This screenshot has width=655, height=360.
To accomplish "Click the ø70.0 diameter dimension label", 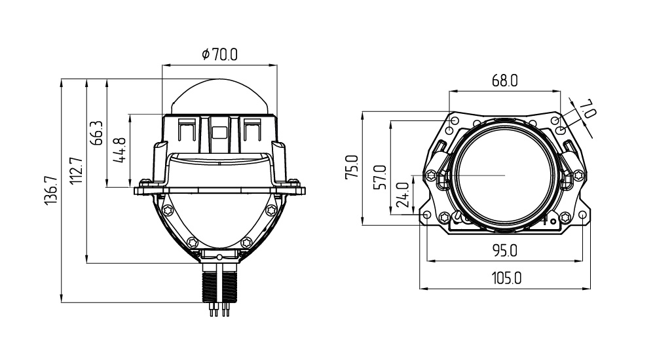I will tap(219, 55).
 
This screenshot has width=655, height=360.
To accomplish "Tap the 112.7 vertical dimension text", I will tap(77, 171).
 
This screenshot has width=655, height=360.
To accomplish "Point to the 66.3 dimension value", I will tap(98, 133).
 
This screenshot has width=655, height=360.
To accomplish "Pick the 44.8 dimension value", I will tap(121, 151).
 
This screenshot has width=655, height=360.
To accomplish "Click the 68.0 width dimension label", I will tap(504, 81).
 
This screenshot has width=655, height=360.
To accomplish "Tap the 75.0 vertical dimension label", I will tap(352, 168).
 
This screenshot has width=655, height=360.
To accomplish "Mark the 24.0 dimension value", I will tap(403, 194).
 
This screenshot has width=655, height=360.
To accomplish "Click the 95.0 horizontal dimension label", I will tap(504, 250).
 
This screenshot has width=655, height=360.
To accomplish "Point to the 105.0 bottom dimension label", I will tap(506, 278).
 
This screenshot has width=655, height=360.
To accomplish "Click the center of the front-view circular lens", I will tap(505, 175).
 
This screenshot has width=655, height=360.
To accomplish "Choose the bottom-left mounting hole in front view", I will tap(427, 215).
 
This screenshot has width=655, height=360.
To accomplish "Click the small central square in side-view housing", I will tap(219, 130).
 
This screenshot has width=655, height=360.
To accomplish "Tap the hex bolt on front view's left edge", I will tap(431, 175).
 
